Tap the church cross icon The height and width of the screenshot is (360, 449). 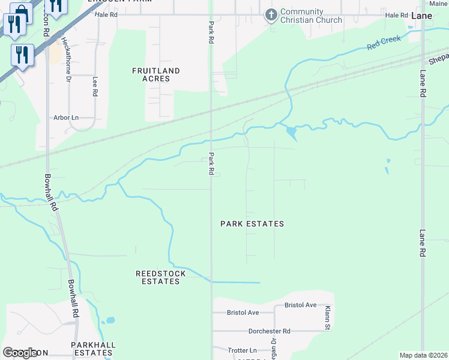coord(271,14)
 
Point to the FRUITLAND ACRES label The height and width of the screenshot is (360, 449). coord(156,74)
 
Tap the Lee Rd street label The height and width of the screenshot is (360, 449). coord(95,86)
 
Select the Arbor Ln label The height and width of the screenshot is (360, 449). coord(66,118)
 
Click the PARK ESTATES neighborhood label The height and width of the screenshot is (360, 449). coord(252,224)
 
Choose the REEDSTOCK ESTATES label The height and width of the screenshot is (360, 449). coord(160,277)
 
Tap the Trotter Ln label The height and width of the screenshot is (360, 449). coord(243,350)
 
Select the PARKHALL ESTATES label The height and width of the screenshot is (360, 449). coord(93,349)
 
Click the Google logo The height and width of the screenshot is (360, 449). coord(20,353)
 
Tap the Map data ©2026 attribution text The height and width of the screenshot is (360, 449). coord(423,355)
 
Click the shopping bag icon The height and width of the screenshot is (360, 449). coord(21,12)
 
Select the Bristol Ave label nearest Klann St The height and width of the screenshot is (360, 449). coord(300,305)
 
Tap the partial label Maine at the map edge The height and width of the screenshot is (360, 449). coord(439,4)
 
